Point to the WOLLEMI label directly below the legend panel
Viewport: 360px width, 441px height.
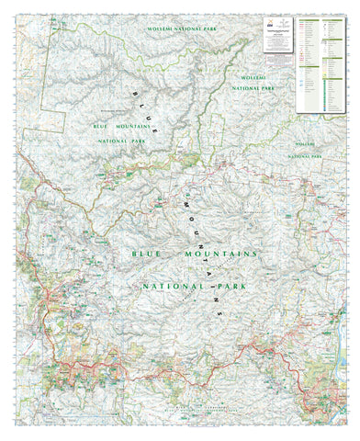(306, 144)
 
